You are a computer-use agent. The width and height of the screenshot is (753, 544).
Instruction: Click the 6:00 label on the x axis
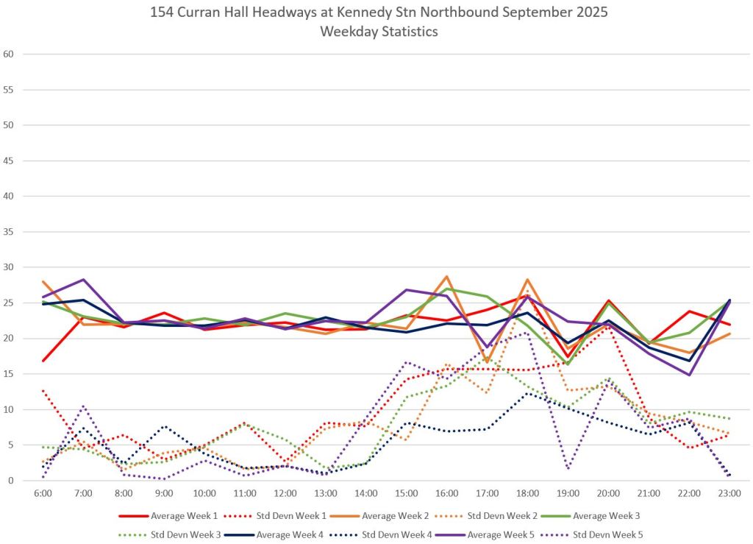(x=43, y=492)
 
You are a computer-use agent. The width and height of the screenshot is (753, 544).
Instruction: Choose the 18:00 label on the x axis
(x=528, y=492)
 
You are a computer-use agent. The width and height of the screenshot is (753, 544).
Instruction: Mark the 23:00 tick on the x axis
(x=730, y=492)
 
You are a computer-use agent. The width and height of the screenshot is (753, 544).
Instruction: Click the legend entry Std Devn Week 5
(x=611, y=534)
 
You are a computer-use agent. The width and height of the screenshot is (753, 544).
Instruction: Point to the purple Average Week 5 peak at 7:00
(x=83, y=280)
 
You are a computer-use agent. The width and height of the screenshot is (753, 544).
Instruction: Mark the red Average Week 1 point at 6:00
(x=43, y=361)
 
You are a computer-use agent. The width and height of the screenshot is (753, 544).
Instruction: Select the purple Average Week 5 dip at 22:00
(x=690, y=375)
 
